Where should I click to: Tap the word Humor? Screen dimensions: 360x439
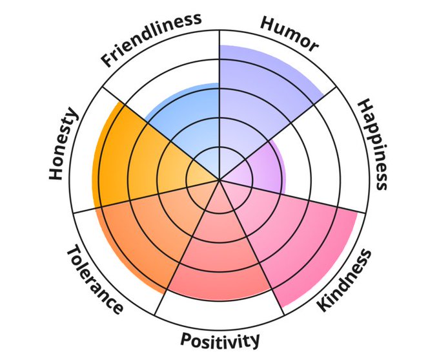(289, 33)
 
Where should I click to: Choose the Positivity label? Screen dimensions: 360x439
(220, 340)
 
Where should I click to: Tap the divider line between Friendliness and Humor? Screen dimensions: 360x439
(220, 71)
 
